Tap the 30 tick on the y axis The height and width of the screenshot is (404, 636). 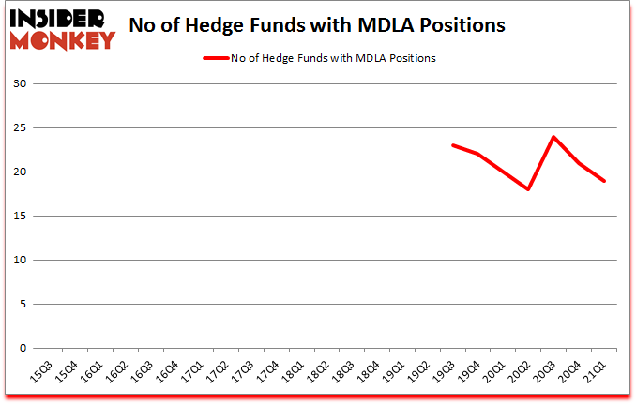pos(22,84)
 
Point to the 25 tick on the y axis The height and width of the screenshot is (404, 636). pos(22,128)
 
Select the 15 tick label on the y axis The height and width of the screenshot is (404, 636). pos(22,217)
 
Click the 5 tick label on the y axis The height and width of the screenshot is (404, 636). pos(25,305)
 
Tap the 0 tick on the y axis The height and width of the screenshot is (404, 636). pos(25,349)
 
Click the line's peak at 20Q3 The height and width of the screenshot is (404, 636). pos(554,137)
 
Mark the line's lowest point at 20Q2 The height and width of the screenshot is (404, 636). pos(529,189)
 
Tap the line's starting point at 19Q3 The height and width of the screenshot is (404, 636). pos(453,145)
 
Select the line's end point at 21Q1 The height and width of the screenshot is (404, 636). pos(605,181)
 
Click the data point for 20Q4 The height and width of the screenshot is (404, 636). pos(580,163)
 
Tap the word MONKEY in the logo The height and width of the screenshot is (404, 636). pos(62,39)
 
